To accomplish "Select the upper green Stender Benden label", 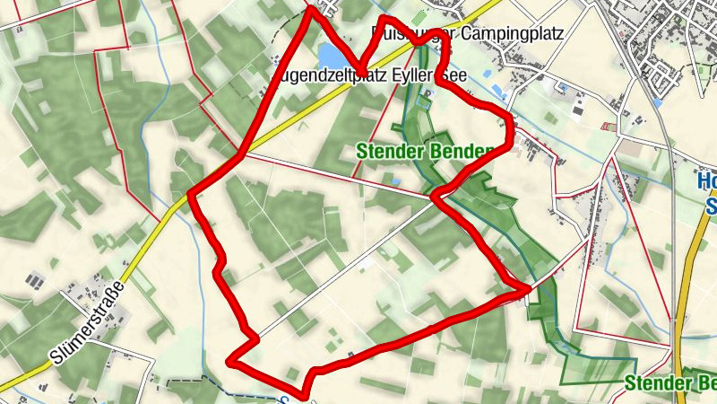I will (x=421, y=151).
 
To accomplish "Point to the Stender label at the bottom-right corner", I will (x=655, y=384).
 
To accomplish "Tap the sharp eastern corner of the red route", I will (x=529, y=289).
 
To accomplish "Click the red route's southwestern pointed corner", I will (x=230, y=362).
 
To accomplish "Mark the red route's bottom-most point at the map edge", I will (x=305, y=393).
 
